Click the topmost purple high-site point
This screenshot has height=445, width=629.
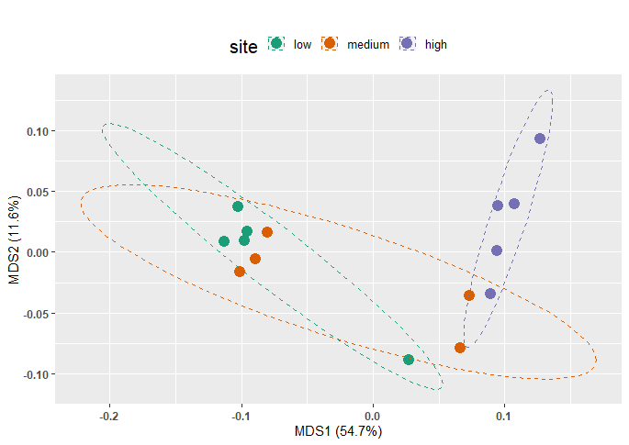click(540, 139)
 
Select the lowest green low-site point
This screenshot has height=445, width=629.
click(409, 360)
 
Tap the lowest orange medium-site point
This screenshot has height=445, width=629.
click(460, 348)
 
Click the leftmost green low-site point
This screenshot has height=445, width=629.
click(224, 241)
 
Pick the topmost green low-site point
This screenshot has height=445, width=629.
click(238, 206)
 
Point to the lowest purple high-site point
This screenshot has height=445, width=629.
click(490, 294)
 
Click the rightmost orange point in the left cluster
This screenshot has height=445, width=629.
click(267, 232)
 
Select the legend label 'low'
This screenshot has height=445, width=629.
click(302, 44)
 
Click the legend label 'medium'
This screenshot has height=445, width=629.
click(368, 44)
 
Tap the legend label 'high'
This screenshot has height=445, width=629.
click(436, 44)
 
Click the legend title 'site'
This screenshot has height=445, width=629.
click(243, 44)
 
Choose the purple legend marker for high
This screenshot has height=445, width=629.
click(409, 44)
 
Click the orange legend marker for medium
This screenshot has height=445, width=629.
click(331, 44)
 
